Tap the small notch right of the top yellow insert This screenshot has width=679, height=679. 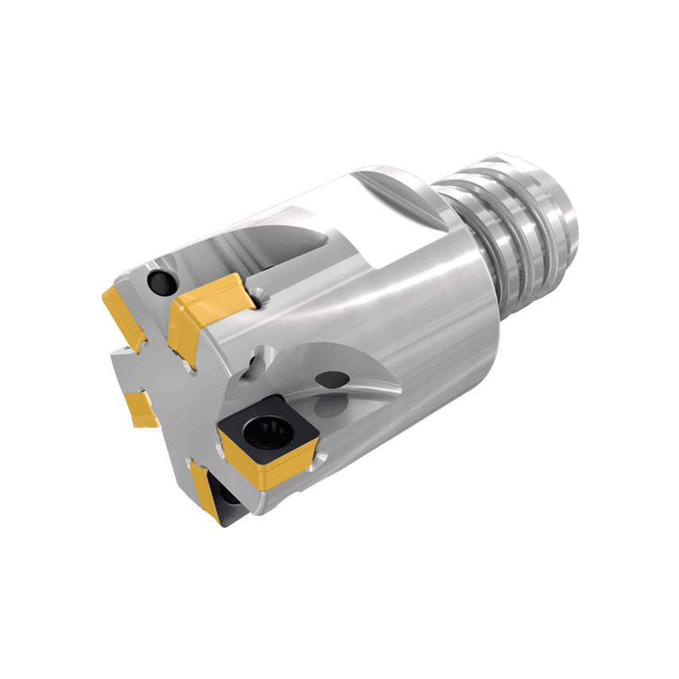click(x=263, y=297)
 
